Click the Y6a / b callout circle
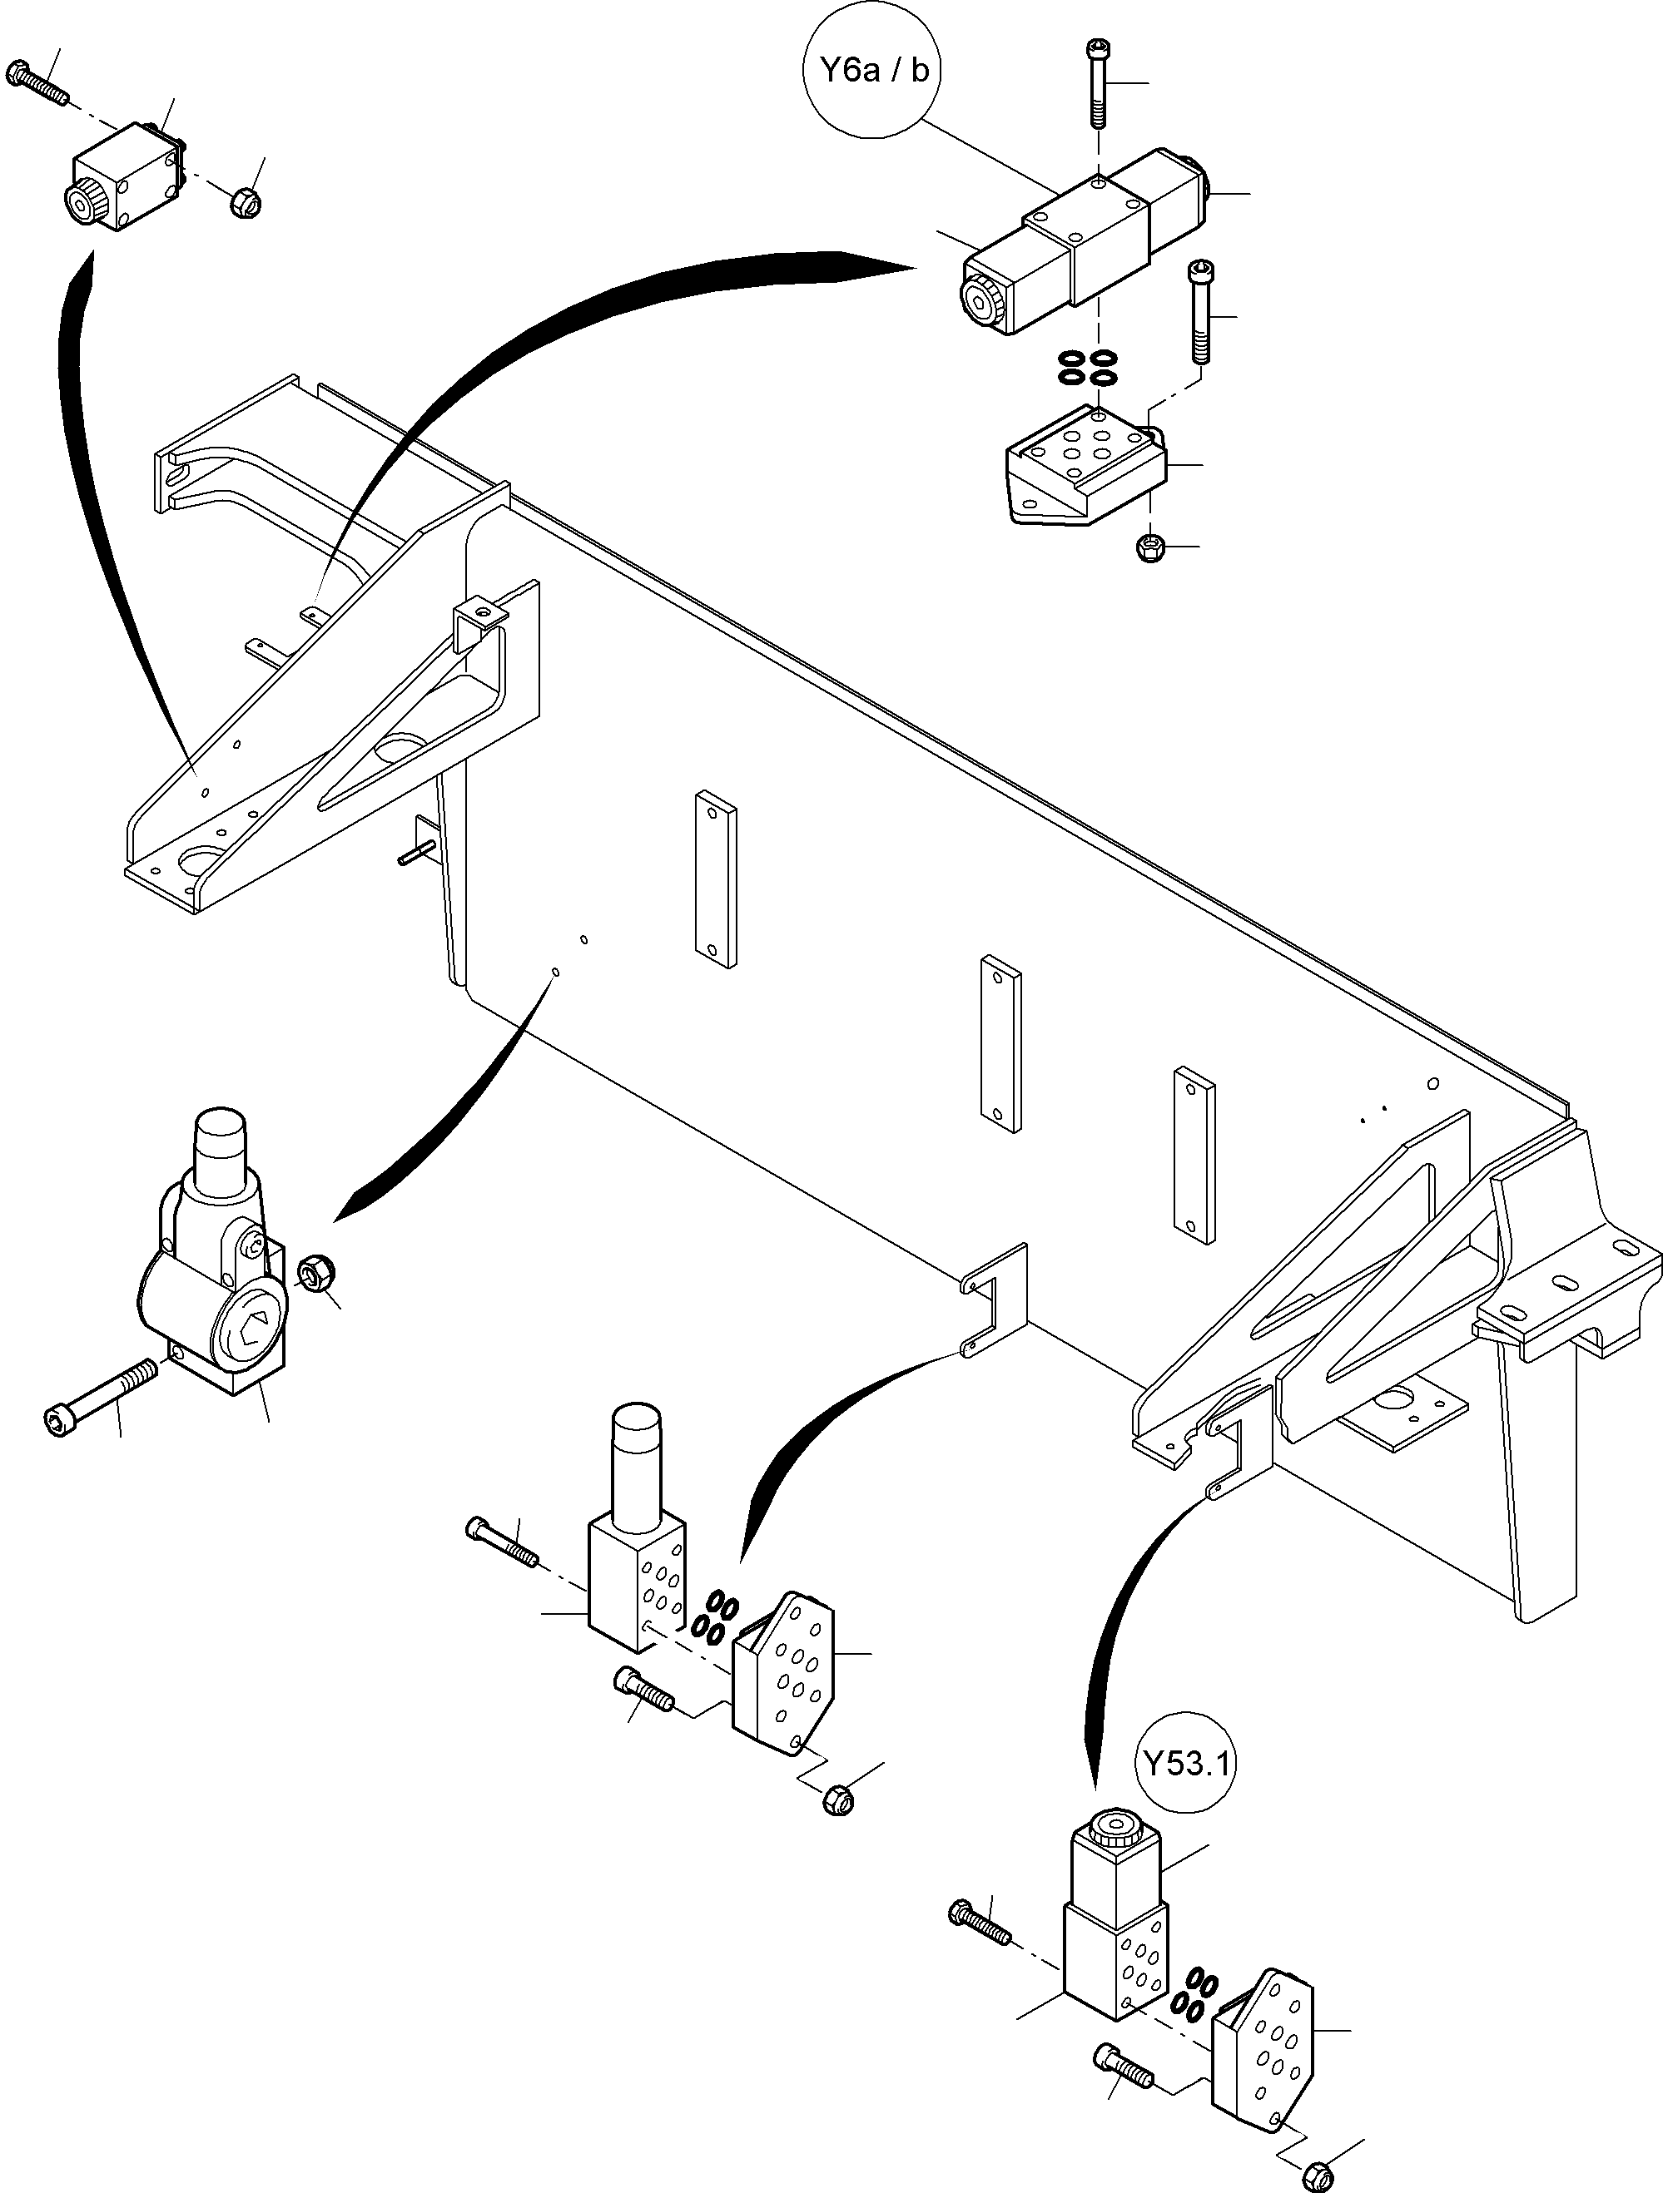tap(872, 72)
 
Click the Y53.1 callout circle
tap(1186, 1764)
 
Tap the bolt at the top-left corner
tap(37, 83)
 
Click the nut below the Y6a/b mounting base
tap(1150, 547)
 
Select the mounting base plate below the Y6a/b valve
tap(1086, 467)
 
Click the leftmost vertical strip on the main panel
tap(716, 879)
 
